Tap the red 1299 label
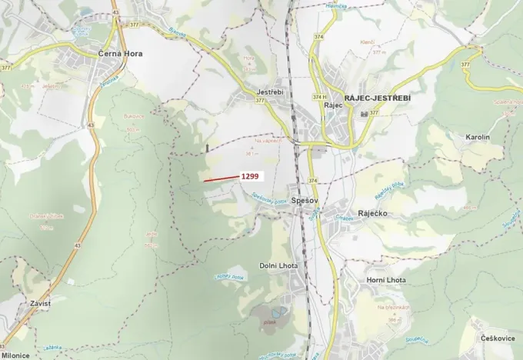[251, 176]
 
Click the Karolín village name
[478, 137]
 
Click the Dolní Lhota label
[278, 265]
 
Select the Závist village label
[41, 303]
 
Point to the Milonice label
[15, 355]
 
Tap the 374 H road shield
[318, 97]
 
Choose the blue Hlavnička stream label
[315, 6]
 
